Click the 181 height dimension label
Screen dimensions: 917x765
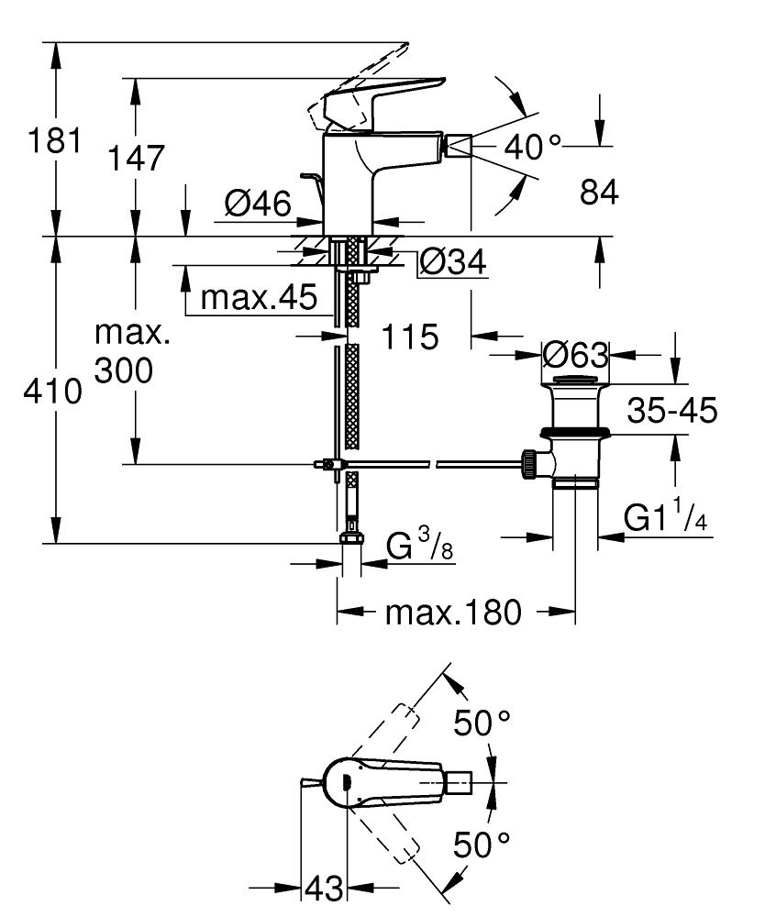pyautogui.click(x=55, y=143)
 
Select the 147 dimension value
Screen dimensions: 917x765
pyautogui.click(x=136, y=158)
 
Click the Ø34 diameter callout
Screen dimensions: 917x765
pyautogui.click(x=452, y=262)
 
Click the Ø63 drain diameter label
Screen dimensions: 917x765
pyautogui.click(x=575, y=353)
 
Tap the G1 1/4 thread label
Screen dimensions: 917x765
pyautogui.click(x=665, y=519)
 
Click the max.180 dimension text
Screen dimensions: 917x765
pyautogui.click(x=453, y=611)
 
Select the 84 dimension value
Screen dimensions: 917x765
pyautogui.click(x=599, y=193)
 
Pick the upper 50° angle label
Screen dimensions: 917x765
pyautogui.click(x=482, y=724)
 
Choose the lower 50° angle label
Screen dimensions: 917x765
pyautogui.click(x=482, y=844)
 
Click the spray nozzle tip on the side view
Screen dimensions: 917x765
pyautogui.click(x=459, y=147)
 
